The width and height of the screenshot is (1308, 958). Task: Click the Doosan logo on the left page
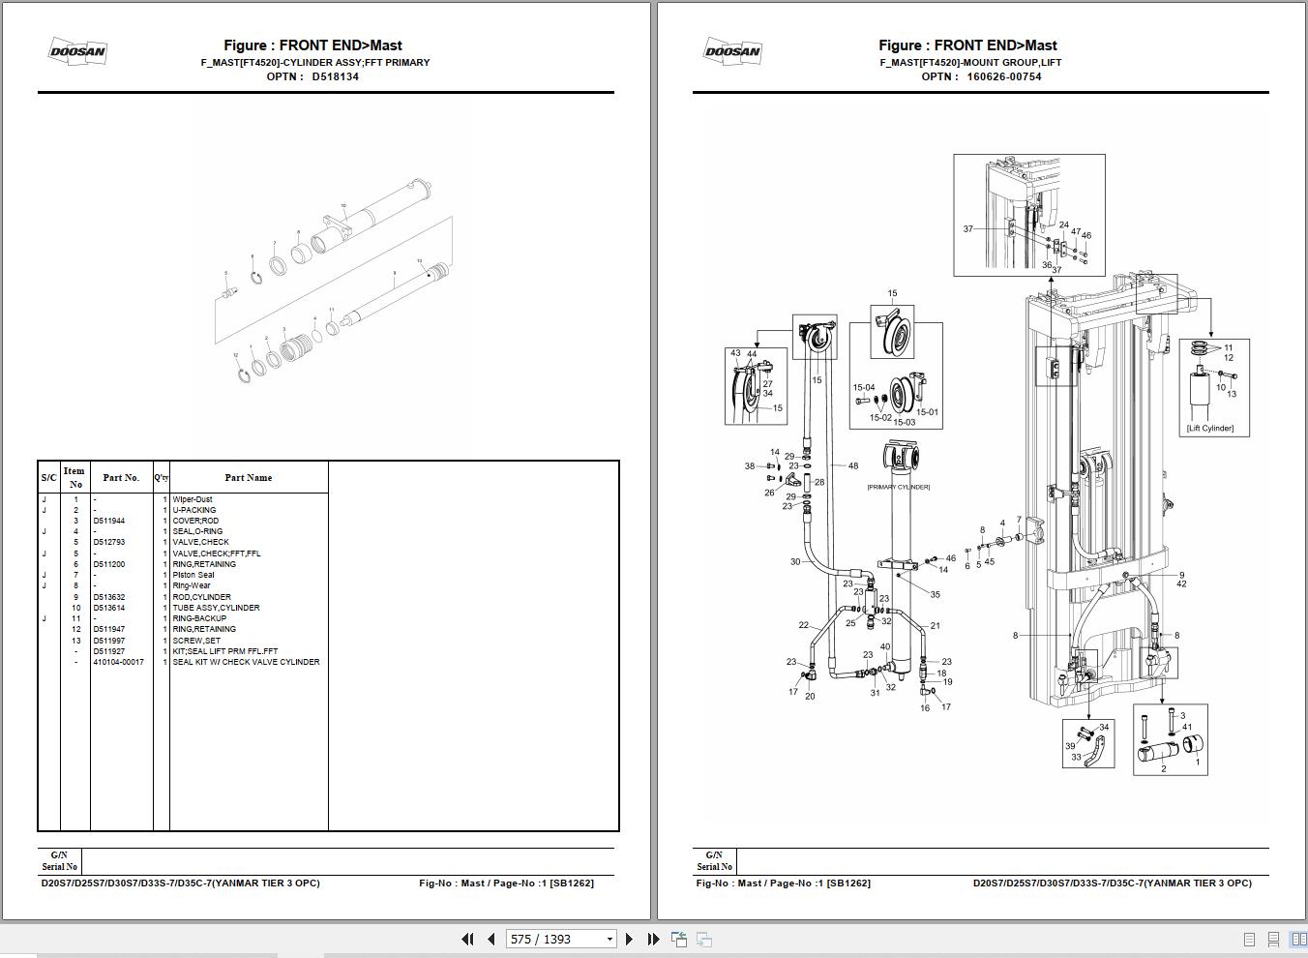(77, 52)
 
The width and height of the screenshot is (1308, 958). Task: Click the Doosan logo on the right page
(732, 52)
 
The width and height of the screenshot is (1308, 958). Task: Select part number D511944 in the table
(108, 521)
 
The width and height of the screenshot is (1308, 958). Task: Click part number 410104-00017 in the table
(118, 662)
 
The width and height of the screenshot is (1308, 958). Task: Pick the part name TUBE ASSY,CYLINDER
(216, 608)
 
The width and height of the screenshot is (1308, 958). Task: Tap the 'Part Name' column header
(248, 477)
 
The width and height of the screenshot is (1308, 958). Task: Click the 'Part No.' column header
(121, 477)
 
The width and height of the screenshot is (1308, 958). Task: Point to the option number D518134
(335, 76)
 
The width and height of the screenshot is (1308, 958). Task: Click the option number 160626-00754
(1003, 76)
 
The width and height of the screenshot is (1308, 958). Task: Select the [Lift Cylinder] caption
(1210, 428)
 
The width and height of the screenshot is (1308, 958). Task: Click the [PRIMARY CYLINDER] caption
(898, 487)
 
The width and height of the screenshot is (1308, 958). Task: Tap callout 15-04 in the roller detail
(863, 387)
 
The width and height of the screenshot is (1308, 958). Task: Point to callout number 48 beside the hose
(852, 465)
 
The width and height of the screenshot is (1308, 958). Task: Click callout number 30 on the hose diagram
(795, 561)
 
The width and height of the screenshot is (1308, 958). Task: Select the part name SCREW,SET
(196, 641)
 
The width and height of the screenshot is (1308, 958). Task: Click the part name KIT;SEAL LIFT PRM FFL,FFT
(224, 651)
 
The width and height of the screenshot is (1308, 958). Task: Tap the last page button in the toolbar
(653, 939)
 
